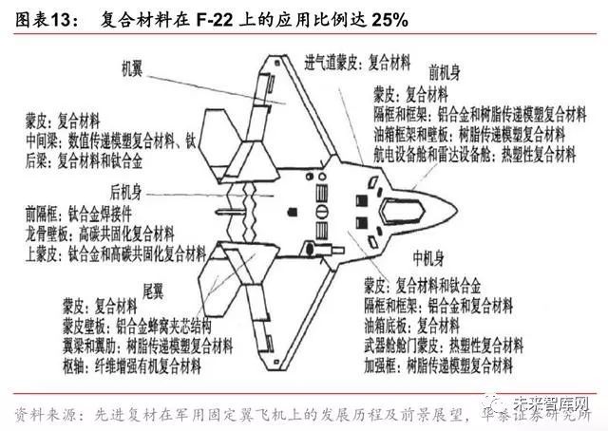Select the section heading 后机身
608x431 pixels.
tap(130, 188)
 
